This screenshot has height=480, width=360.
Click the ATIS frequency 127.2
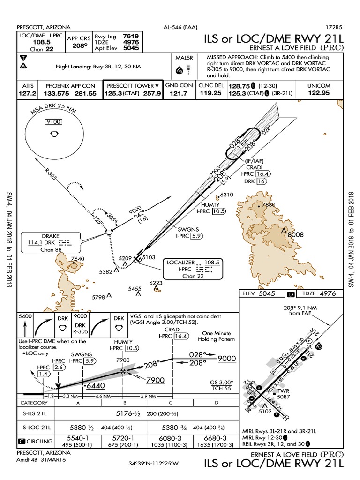27,93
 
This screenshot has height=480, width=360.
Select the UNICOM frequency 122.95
318,93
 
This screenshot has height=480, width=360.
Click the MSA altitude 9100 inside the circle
54,122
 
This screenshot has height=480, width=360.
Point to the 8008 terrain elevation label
296,234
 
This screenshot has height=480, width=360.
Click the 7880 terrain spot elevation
269,205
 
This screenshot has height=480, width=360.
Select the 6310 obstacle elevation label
226,195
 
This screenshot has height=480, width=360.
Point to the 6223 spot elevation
157,283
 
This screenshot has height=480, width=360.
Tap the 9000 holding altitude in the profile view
227,358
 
